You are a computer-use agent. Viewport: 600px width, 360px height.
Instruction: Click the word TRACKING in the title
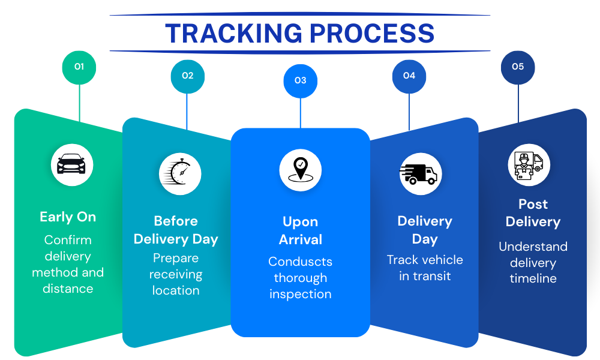[231, 34]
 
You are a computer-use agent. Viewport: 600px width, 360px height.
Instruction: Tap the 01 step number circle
[79, 67]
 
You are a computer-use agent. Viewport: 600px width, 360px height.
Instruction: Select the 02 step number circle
[188, 76]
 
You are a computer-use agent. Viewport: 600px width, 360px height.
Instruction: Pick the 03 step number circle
[300, 80]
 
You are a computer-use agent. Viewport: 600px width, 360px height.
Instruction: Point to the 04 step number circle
[409, 76]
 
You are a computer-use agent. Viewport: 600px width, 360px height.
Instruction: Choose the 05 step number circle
[518, 67]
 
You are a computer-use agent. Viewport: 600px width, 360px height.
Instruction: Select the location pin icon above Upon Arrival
[300, 170]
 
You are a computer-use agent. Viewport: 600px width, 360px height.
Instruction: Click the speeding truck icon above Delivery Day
[420, 174]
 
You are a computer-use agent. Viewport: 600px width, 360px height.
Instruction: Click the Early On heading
[68, 217]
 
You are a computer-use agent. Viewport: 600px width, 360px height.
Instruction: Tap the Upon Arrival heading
[300, 230]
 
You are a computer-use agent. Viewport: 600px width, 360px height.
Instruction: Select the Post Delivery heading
[533, 213]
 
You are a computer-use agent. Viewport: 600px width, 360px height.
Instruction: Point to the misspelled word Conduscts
[300, 262]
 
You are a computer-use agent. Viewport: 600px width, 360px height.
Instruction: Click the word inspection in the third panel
[300, 294]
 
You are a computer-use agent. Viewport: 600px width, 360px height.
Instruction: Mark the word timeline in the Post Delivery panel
[533, 278]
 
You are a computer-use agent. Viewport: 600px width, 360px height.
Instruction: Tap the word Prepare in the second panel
[176, 258]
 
